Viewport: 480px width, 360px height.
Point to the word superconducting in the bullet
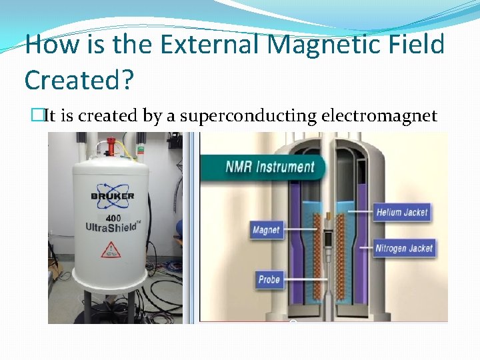coord(249,116)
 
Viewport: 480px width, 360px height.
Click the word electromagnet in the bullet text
coord(379,116)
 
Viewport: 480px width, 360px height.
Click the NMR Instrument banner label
coord(270,166)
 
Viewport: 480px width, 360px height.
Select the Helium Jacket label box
coord(402,212)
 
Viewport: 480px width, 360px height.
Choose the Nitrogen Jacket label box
coord(404,248)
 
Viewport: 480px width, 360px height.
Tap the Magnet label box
coord(266,231)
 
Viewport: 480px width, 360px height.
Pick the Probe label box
coord(269,279)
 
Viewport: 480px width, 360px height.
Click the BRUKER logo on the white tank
coord(112,196)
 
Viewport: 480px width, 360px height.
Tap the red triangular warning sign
coord(111,251)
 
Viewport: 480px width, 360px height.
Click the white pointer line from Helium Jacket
coord(353,212)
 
